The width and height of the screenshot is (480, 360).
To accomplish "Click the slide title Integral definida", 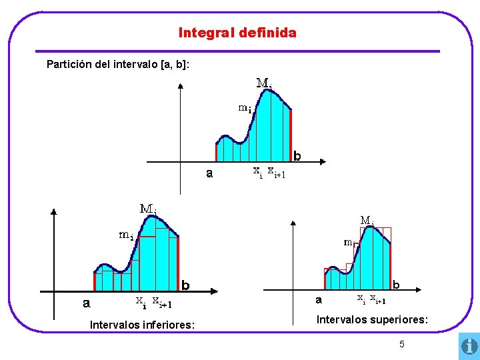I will pyautogui.click(x=237, y=32).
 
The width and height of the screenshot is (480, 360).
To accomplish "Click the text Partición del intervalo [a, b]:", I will pyautogui.click(x=118, y=65).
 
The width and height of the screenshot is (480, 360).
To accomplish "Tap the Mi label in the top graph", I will pyautogui.click(x=264, y=84).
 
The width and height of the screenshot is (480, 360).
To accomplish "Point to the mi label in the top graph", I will pyautogui.click(x=245, y=108).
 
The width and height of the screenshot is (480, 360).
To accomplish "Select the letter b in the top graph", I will pyautogui.click(x=297, y=156).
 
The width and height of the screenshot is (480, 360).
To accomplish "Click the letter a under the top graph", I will pyautogui.click(x=209, y=174).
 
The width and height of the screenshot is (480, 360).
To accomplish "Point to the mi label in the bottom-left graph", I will pyautogui.click(x=126, y=235).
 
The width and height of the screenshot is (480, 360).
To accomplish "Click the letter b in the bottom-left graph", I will pyautogui.click(x=186, y=285).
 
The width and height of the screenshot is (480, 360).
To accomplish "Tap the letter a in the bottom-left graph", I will pyautogui.click(x=86, y=304).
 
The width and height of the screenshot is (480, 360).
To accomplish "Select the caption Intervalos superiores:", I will pyautogui.click(x=372, y=320).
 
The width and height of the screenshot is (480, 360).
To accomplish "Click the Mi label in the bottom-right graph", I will pyautogui.click(x=367, y=220).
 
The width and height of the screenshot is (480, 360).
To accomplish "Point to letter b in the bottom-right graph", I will pyautogui.click(x=396, y=284).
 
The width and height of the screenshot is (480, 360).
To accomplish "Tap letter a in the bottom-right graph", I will pyautogui.click(x=319, y=300).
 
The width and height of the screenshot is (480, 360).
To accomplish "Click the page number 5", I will pyautogui.click(x=401, y=344).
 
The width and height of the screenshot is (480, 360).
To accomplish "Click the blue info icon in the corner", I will pyautogui.click(x=469, y=347).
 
